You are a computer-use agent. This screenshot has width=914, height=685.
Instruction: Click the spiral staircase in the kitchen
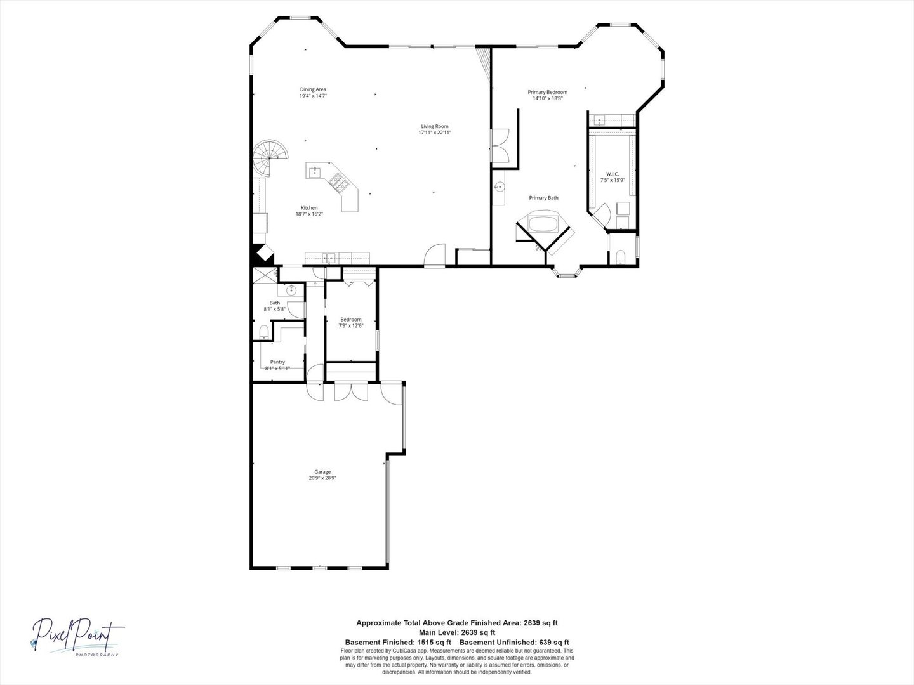(x=272, y=158)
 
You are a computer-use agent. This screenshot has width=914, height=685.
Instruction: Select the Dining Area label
(x=313, y=89)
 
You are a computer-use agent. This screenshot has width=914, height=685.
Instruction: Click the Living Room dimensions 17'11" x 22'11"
(x=434, y=133)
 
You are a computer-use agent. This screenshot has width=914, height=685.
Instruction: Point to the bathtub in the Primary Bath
(x=543, y=225)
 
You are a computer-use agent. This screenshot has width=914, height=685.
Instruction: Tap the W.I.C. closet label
(x=613, y=174)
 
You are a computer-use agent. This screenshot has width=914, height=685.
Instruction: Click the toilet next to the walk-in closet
(x=621, y=256)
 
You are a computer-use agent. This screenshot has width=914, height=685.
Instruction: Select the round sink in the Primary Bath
(x=500, y=187)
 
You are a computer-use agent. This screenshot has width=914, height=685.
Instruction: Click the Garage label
(x=322, y=472)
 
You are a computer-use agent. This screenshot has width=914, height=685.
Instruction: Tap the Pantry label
(x=274, y=362)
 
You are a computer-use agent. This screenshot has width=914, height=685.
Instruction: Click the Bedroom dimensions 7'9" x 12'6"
(x=351, y=326)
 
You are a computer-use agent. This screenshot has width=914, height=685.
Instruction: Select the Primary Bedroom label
(x=547, y=92)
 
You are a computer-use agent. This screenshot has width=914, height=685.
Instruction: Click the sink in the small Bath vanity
(x=291, y=290)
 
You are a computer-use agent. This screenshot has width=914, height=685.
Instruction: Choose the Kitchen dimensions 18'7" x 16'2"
(x=309, y=214)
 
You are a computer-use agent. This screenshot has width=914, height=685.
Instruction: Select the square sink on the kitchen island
(x=315, y=171)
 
